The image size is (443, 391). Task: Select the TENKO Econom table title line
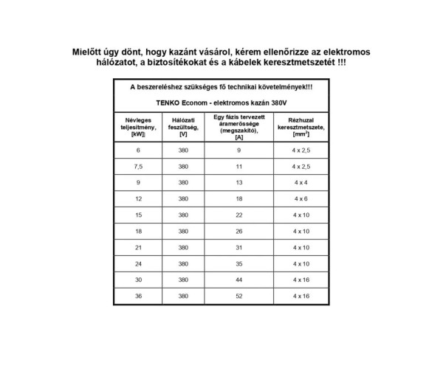(221, 102)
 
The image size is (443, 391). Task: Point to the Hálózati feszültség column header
(183, 126)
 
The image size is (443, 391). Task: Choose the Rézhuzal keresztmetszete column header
(301, 126)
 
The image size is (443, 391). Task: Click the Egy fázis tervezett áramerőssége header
(238, 126)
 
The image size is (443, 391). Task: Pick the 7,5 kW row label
(137, 167)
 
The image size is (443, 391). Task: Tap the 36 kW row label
(137, 295)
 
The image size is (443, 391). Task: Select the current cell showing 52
(238, 295)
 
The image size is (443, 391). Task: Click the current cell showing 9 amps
(238, 150)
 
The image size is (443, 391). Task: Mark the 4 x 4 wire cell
(301, 182)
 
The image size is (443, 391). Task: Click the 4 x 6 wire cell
(301, 198)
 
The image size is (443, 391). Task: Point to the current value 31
(238, 247)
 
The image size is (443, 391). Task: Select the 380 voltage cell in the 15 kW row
(183, 215)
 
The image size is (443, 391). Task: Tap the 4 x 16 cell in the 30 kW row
(301, 280)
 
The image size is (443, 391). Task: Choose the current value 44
(238, 280)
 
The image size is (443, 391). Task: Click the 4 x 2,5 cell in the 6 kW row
(301, 150)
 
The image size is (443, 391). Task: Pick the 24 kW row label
(137, 263)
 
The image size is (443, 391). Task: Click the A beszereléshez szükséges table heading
(221, 87)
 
